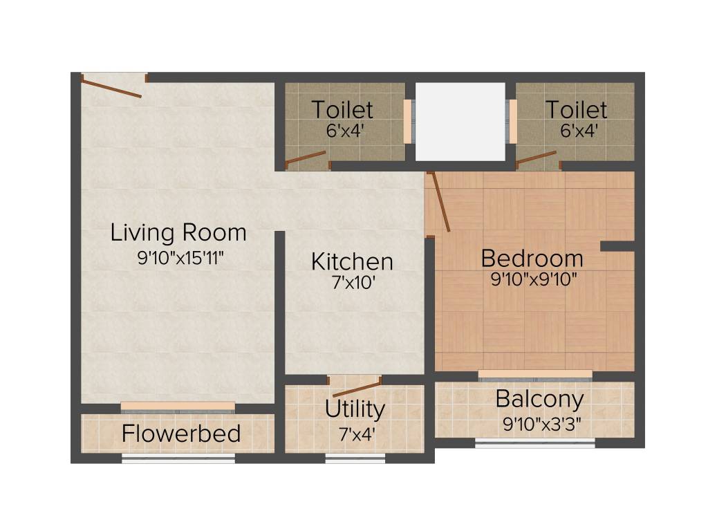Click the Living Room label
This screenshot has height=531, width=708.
[x=178, y=232]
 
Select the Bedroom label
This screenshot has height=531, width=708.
[x=532, y=259]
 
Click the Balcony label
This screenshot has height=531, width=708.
[x=539, y=399]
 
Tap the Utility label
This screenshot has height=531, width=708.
[x=355, y=409]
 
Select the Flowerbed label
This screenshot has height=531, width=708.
[x=181, y=434]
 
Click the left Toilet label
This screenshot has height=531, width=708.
[x=342, y=109]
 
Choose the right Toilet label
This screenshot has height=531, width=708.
[x=576, y=109]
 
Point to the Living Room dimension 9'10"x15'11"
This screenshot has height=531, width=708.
[x=181, y=258]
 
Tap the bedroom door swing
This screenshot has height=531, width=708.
[x=440, y=201]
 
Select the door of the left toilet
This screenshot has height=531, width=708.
[x=305, y=159]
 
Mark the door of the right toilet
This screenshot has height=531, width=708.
[x=536, y=159]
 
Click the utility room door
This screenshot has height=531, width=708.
[x=356, y=387]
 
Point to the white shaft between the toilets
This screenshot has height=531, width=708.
[x=460, y=122]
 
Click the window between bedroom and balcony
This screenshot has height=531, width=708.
[x=534, y=374]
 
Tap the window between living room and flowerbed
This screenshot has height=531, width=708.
[x=178, y=406]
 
